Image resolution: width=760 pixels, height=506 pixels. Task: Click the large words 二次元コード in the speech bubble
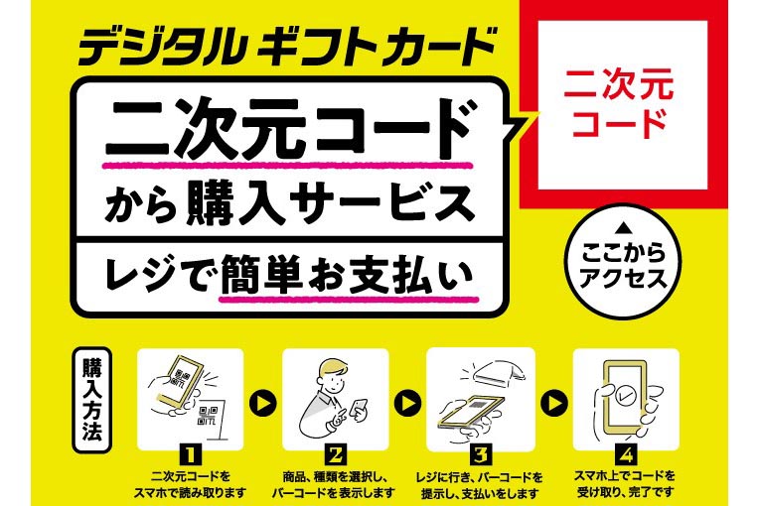click(288, 128)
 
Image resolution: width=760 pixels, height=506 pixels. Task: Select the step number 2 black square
click(335, 455)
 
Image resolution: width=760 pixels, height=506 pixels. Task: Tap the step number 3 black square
click(479, 455)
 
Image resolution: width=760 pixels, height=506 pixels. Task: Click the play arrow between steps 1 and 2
click(261, 404)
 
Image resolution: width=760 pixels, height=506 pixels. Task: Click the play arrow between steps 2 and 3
click(406, 404)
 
